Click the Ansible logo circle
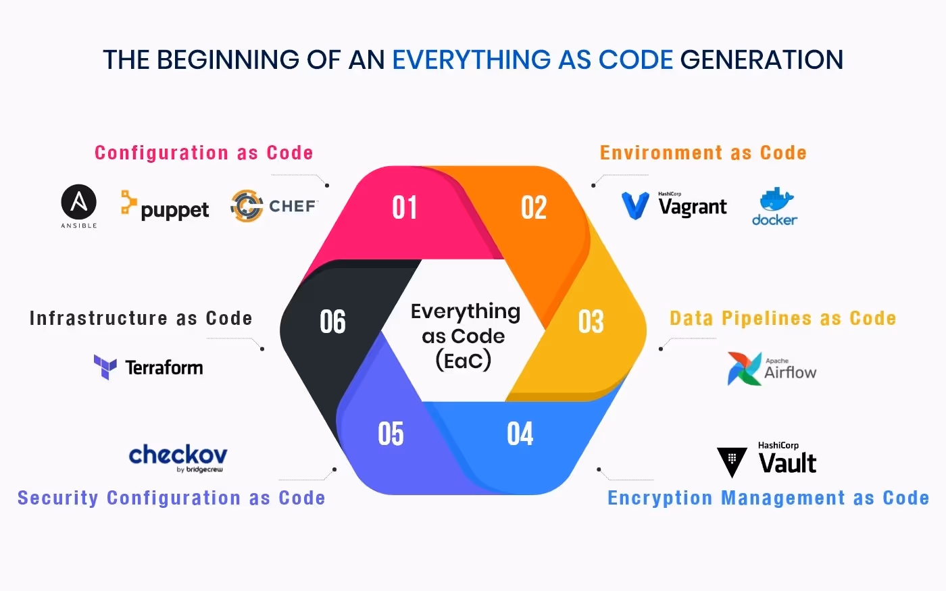(79, 202)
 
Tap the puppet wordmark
(174, 210)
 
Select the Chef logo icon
(247, 206)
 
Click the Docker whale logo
(776, 201)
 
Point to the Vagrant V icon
(635, 205)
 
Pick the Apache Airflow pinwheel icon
(743, 369)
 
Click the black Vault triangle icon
(732, 461)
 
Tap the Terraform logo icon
(105, 367)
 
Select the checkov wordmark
(178, 455)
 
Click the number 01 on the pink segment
(405, 207)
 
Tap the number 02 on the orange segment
(534, 207)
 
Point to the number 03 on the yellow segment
(591, 322)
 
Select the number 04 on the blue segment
(520, 434)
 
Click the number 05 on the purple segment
(391, 434)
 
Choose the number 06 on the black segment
(332, 322)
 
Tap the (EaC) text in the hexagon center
(464, 360)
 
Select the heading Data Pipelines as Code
(782, 318)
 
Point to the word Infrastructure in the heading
(98, 318)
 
